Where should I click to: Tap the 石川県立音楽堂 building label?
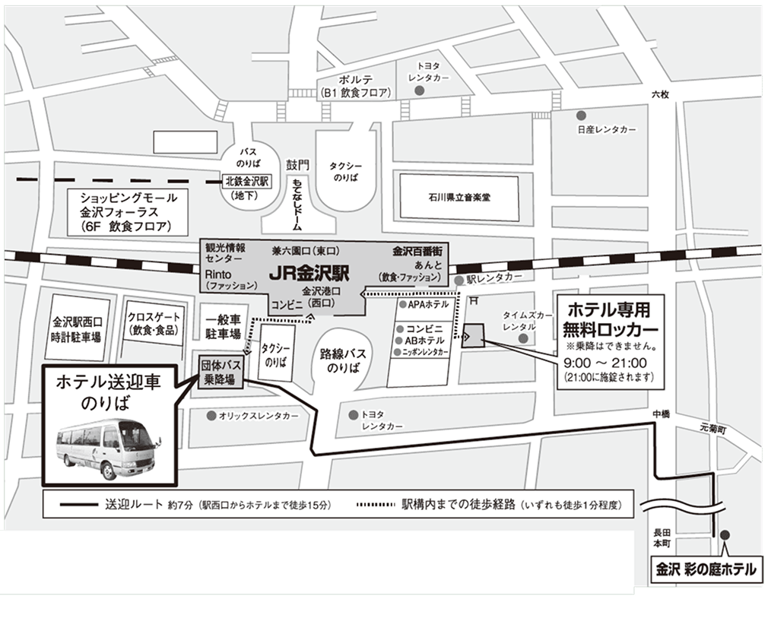click(x=458, y=198)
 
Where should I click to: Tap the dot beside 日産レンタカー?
click(x=581, y=116)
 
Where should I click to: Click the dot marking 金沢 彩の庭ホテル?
click(x=725, y=534)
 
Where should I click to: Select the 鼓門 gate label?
click(x=299, y=164)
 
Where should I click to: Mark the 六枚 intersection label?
click(x=659, y=94)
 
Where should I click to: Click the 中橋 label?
click(x=660, y=414)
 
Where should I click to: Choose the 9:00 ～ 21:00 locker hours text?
click(x=605, y=363)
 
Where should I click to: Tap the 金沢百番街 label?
click(x=417, y=250)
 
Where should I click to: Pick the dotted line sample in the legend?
click(x=377, y=504)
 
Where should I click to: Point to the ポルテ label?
click(x=355, y=79)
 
